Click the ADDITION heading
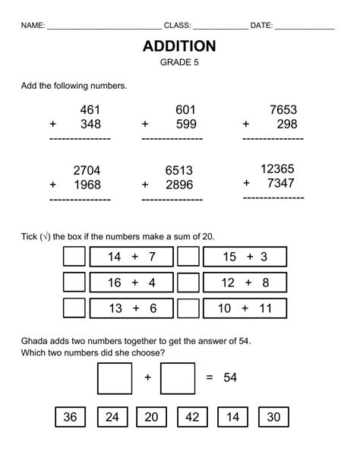tap(179, 46)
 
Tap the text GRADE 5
tap(179, 64)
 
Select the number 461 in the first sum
tap(90, 110)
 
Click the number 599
tap(185, 125)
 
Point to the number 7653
tap(283, 110)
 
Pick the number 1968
tap(87, 185)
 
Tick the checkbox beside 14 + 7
tap(74, 257)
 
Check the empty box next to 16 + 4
tap(74, 283)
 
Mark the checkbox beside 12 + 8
tap(188, 283)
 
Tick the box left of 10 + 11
tap(188, 308)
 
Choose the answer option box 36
tap(70, 416)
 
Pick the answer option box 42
tap(192, 416)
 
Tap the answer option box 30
tap(273, 416)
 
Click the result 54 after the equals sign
tap(231, 377)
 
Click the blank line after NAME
tap(103, 26)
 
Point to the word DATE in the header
tap(261, 25)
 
